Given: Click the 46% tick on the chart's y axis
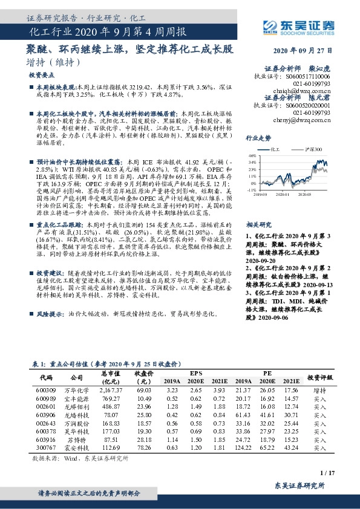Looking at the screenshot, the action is coord(251,156).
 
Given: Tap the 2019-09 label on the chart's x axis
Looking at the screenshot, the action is coord(260,195).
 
